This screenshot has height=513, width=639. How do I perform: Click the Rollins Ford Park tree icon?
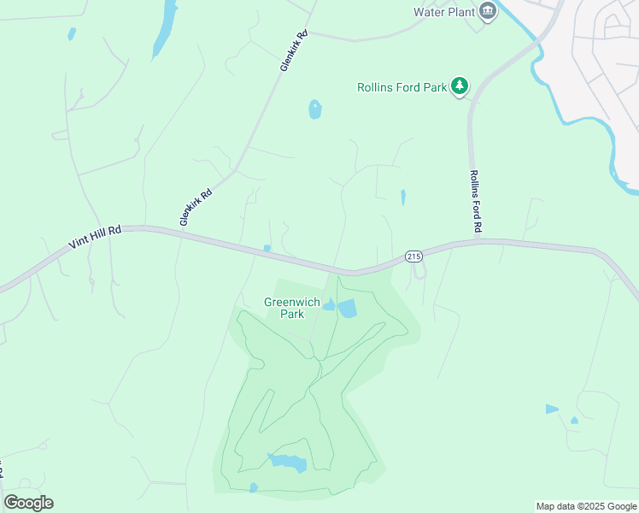click(x=460, y=85)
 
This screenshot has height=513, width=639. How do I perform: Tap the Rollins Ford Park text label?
click(x=402, y=87)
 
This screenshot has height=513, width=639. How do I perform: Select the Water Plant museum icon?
click(x=488, y=11)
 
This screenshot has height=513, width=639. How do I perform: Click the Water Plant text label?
click(x=443, y=12)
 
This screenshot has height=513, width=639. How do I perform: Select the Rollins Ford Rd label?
click(x=476, y=202)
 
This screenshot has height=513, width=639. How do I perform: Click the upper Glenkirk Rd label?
click(x=293, y=51)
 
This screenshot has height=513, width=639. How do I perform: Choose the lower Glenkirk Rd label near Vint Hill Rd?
click(x=195, y=208)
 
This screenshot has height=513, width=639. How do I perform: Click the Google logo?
click(x=28, y=502)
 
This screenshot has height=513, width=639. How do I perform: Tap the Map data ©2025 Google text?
click(x=585, y=506)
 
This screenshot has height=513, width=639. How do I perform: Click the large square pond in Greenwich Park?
click(x=348, y=308)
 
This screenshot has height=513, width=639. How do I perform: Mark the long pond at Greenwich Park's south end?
click(x=289, y=463)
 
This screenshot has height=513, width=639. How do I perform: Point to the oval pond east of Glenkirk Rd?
click(x=315, y=109)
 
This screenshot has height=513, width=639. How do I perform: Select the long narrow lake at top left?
click(x=164, y=30)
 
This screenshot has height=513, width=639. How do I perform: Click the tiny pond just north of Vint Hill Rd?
click(x=267, y=249)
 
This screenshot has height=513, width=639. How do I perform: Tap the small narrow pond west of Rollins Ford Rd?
click(x=402, y=198)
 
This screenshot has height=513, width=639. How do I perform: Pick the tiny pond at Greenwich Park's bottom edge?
click(x=253, y=488)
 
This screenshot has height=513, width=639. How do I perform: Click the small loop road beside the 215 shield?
click(x=419, y=270)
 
